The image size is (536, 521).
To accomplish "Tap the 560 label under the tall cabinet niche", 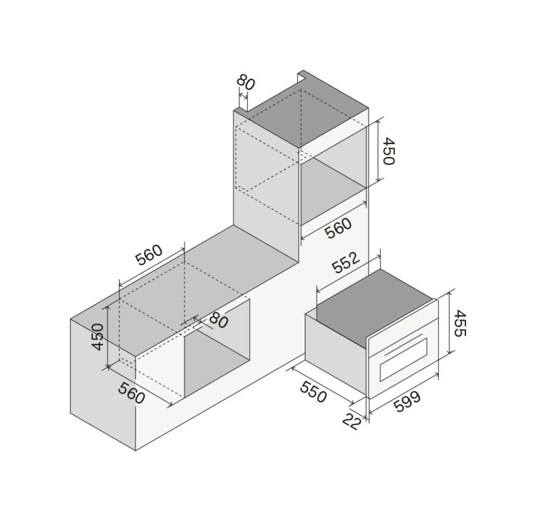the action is [x=338, y=229].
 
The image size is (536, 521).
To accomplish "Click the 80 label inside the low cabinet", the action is [x=218, y=319].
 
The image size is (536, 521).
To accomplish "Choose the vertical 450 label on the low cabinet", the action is [x=97, y=337].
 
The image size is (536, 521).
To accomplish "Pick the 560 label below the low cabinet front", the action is [x=131, y=392].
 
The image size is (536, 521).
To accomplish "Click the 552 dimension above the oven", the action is [x=347, y=263].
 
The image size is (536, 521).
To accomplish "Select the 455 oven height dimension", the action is [x=460, y=323].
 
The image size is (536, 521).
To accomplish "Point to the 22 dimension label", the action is [x=352, y=422].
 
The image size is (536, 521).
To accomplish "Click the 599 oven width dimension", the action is [x=406, y=402].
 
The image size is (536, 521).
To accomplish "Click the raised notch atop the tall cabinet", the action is [x=302, y=77].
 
